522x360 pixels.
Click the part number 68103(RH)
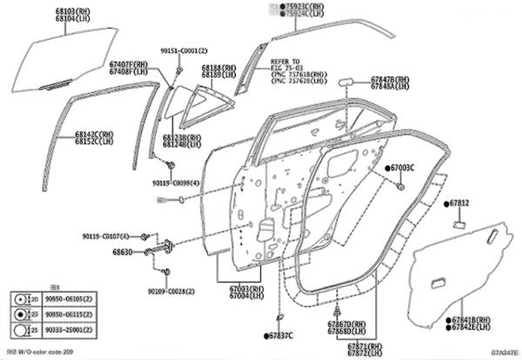72,10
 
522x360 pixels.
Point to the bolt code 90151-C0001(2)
184,50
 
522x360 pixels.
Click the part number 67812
460,203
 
